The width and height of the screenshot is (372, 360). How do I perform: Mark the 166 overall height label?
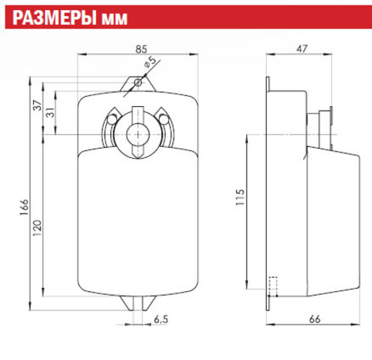pyautogui.click(x=24, y=206)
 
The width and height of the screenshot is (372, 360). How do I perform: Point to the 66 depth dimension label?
pyautogui.click(x=315, y=317)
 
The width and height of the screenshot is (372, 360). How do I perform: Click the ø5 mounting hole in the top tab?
pyautogui.click(x=137, y=82)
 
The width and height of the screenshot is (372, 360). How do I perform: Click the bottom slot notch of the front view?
pyautogui.click(x=137, y=303)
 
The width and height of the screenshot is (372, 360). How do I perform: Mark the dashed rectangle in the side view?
pyautogui.click(x=272, y=286)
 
